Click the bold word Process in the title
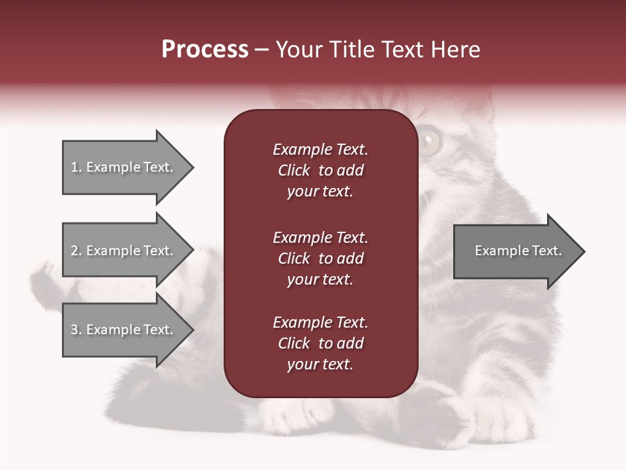[x=205, y=50]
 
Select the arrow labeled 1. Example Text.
[x=124, y=167]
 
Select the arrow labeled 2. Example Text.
[x=124, y=251]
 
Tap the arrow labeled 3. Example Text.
[x=124, y=330]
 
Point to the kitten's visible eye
[x=430, y=140]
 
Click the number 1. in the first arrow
[x=76, y=167]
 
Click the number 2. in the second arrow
[x=76, y=251]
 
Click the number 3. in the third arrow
[x=76, y=330]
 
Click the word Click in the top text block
[x=293, y=170]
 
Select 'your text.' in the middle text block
[x=320, y=279]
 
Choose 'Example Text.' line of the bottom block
[x=320, y=322]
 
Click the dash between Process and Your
[x=261, y=50]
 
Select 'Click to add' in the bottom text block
[x=320, y=343]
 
